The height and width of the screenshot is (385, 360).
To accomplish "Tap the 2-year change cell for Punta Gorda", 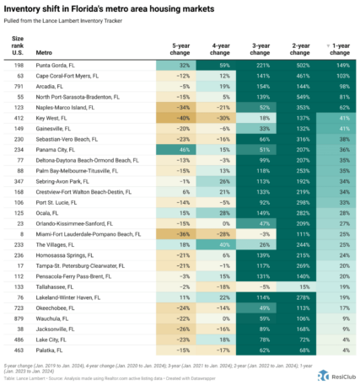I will [293, 64].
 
